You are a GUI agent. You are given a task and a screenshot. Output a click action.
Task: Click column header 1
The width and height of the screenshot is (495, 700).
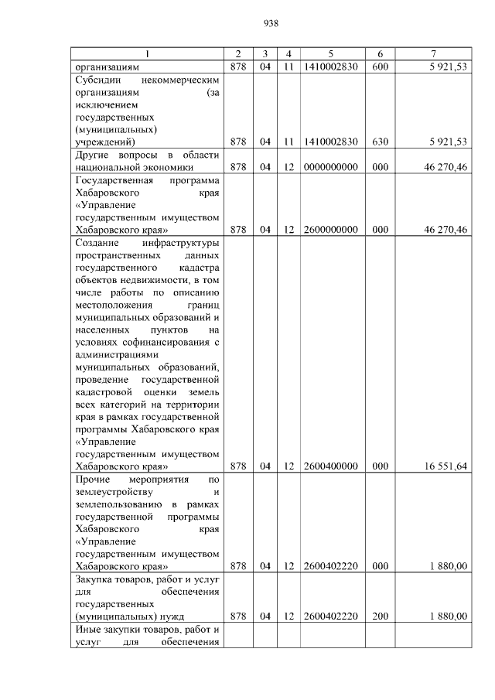[148, 53]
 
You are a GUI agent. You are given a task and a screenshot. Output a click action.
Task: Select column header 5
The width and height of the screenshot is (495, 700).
[330, 53]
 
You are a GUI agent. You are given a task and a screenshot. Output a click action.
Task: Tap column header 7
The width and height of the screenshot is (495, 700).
[434, 53]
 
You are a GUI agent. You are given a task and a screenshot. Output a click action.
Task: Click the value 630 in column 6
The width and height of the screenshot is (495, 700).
[380, 142]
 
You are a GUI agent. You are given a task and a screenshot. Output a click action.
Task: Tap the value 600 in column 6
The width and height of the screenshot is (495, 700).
[380, 67]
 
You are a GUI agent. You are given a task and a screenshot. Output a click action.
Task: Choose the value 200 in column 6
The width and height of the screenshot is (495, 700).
[380, 616]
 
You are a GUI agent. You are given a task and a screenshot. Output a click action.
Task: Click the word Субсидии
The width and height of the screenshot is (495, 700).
[98, 79]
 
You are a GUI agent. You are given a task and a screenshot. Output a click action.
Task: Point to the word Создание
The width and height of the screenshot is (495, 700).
[98, 243]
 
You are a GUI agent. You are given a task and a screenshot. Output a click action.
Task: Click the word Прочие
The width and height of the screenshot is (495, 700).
[93, 479]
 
